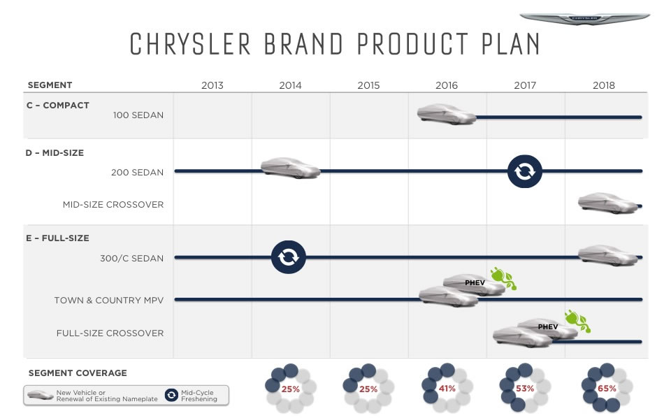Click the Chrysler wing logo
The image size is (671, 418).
click(x=584, y=19)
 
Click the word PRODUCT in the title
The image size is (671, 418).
click(x=412, y=44)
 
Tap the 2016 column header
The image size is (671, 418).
click(x=447, y=85)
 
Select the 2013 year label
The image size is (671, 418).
click(x=212, y=85)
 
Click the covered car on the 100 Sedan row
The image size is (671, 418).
click(x=447, y=114)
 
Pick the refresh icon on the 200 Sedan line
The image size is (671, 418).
click(x=525, y=171)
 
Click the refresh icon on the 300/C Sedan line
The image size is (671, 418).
click(x=289, y=257)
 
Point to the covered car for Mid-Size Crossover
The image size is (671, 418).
click(x=607, y=203)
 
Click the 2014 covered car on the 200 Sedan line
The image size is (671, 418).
click(x=291, y=168)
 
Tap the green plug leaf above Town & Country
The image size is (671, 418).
click(x=503, y=278)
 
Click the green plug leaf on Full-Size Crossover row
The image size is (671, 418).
click(x=578, y=321)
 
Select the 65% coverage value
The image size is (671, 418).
click(x=607, y=389)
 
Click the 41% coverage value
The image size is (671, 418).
click(x=447, y=389)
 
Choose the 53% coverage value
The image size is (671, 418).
click(x=525, y=389)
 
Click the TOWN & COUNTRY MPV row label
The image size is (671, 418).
click(x=109, y=301)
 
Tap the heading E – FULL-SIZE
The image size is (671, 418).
click(x=58, y=238)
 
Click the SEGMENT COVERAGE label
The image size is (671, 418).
click(x=78, y=373)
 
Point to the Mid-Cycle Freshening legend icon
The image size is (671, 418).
click(x=172, y=395)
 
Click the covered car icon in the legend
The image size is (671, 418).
click(x=41, y=395)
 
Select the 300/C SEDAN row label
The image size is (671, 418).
click(x=132, y=259)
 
